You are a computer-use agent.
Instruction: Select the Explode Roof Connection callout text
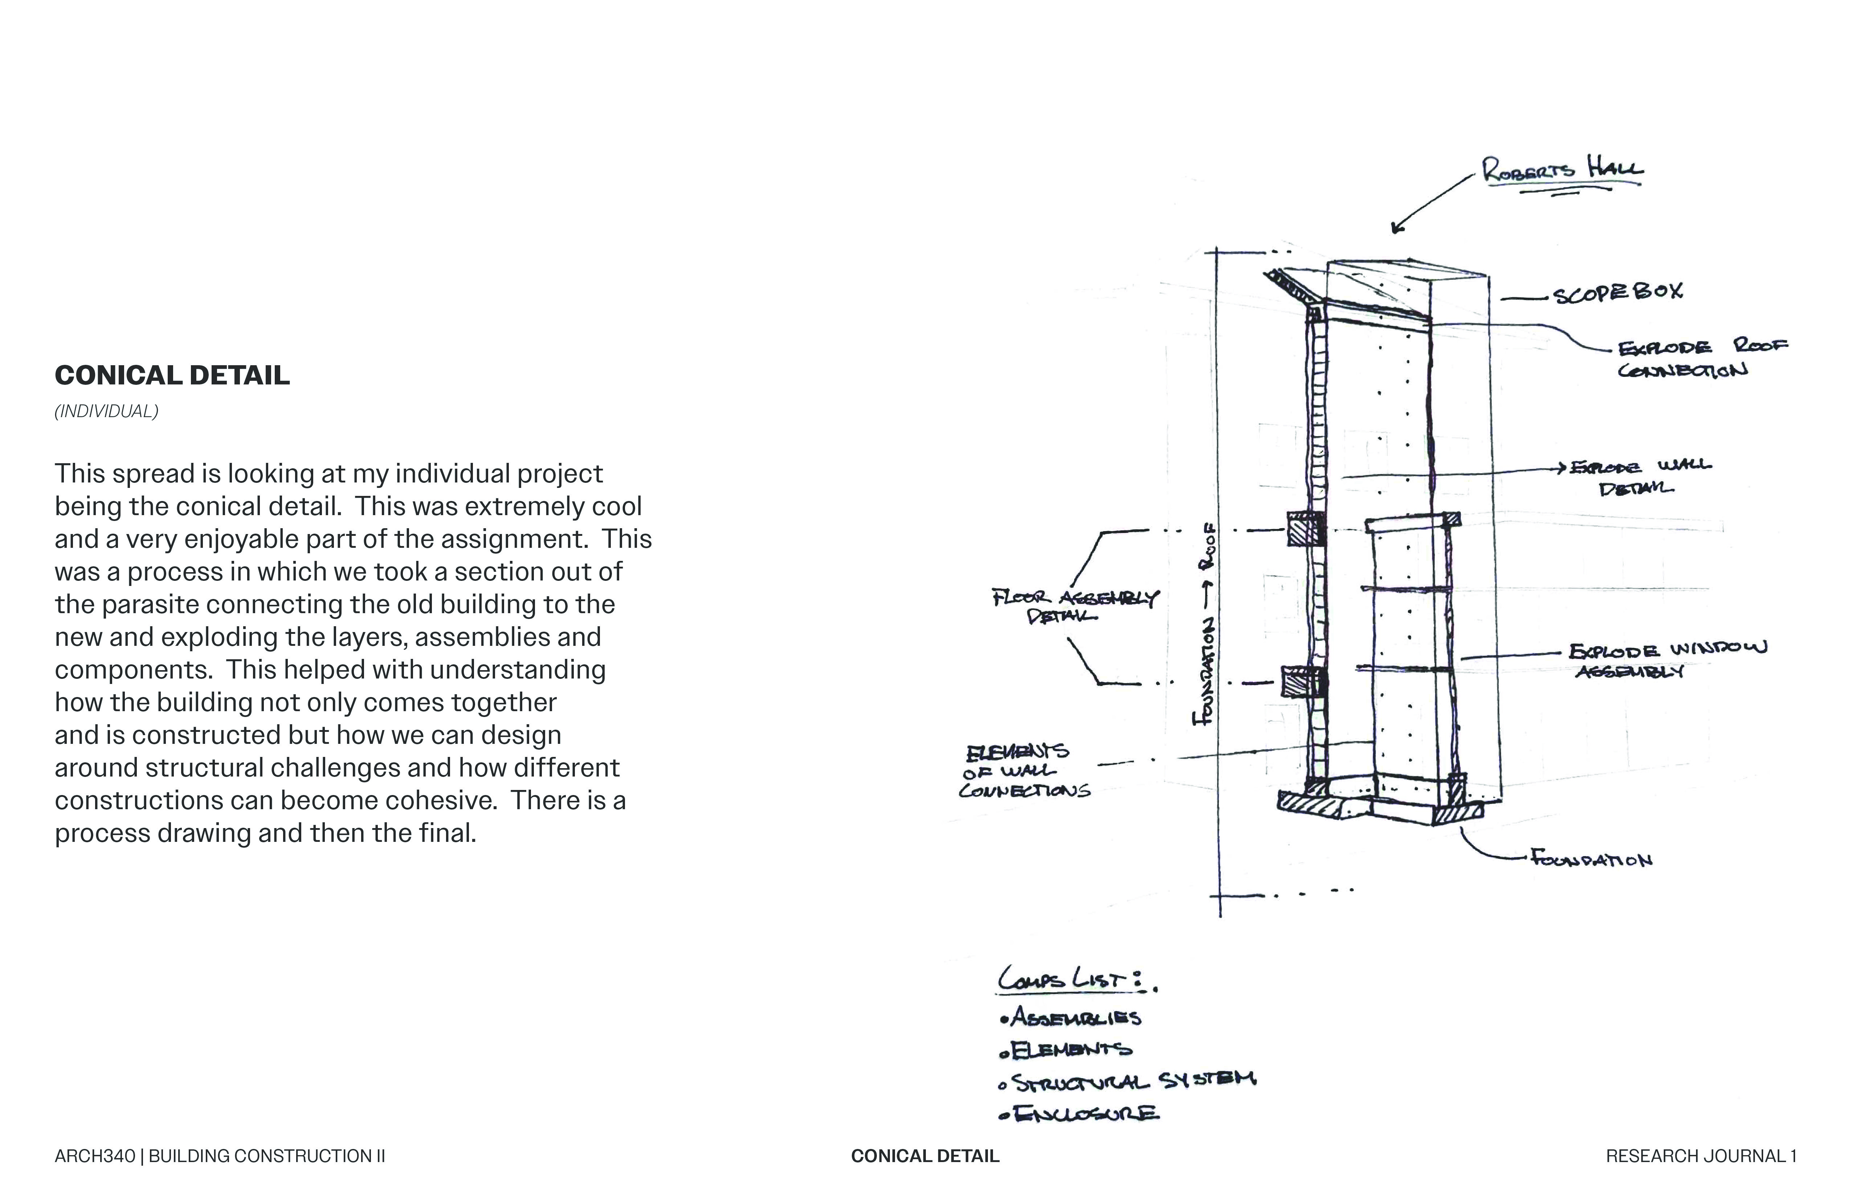click(x=1702, y=358)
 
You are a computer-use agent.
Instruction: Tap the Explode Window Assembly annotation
click(x=1666, y=660)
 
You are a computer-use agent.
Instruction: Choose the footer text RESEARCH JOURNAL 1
click(x=1701, y=1156)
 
